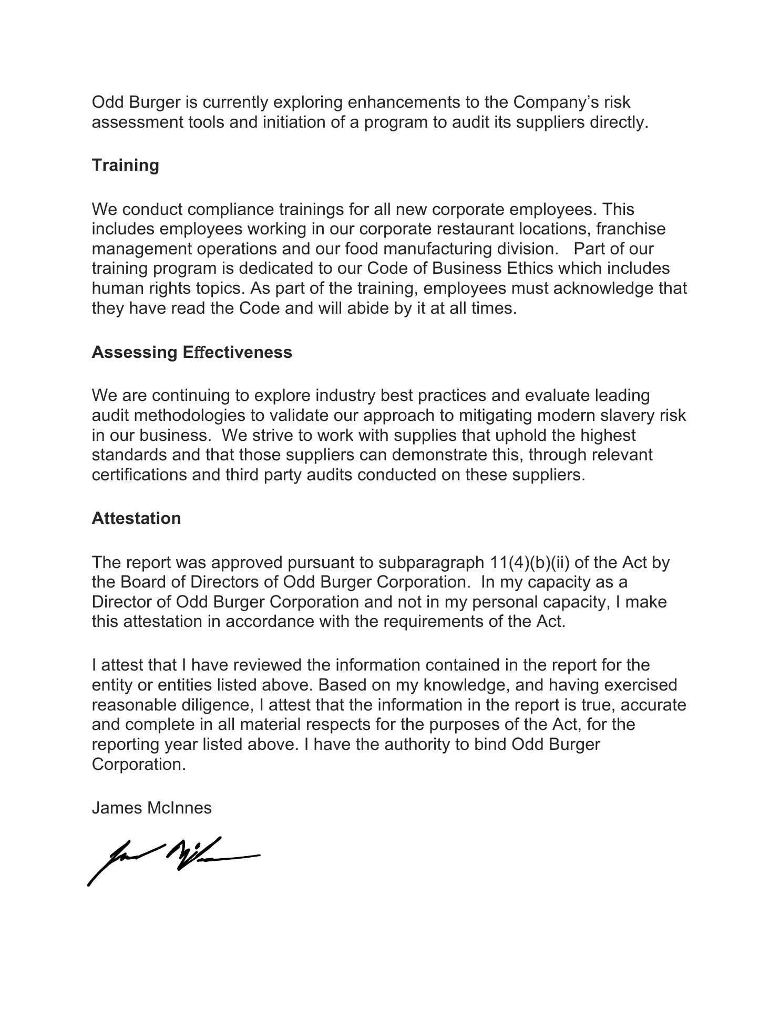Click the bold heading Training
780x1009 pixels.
click(125, 165)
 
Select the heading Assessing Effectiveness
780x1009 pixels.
click(192, 352)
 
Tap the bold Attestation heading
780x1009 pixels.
click(136, 518)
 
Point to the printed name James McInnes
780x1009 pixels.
click(151, 808)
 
